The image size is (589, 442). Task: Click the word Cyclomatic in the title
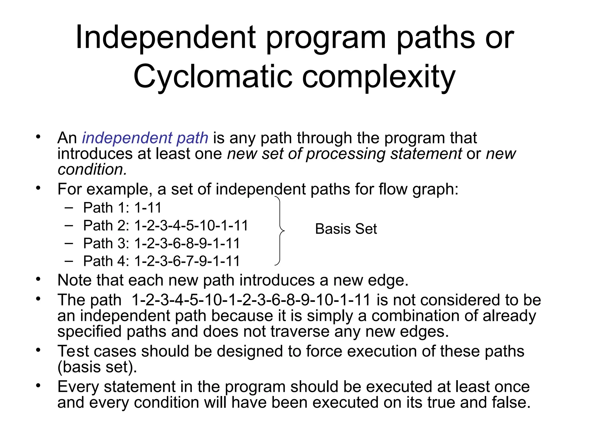click(213, 77)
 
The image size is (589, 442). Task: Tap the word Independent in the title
click(165, 37)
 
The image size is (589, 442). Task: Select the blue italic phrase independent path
click(145, 138)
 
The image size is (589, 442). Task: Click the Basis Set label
click(346, 229)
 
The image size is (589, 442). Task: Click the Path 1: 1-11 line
click(122, 208)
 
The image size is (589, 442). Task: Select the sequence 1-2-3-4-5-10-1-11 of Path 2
click(191, 226)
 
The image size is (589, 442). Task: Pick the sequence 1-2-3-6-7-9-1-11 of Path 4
click(187, 261)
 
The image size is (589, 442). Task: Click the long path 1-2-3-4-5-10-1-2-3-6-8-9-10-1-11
click(251, 300)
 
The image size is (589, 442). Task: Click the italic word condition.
click(92, 169)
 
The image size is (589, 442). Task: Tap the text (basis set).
click(97, 367)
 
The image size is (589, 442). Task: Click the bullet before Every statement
click(38, 386)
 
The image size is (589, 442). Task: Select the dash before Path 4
click(69, 261)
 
